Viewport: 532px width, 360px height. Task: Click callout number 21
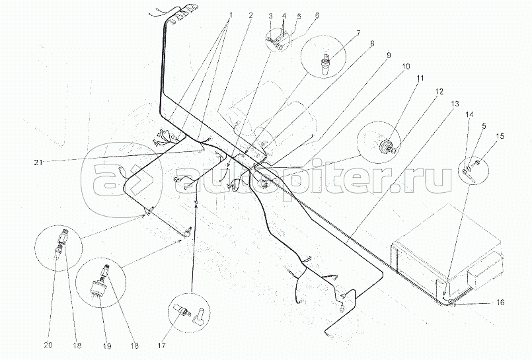[38, 162]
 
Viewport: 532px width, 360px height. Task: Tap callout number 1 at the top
[231, 15]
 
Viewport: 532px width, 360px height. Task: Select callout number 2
[250, 15]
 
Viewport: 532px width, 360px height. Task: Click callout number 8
[372, 44]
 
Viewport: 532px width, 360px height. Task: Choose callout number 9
[389, 55]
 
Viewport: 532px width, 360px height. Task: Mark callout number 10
[406, 67]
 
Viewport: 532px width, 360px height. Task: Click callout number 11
[420, 79]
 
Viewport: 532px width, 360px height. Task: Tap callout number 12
[439, 92]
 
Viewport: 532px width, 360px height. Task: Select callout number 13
[455, 104]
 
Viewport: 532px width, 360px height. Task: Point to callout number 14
[469, 114]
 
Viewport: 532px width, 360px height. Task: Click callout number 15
[500, 136]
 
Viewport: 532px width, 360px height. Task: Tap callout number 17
[161, 345]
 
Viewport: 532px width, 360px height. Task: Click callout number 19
[106, 346]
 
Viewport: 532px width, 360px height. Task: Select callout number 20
[48, 345]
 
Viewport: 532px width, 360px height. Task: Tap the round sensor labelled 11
[386, 146]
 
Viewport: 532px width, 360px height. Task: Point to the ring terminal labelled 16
[452, 303]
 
